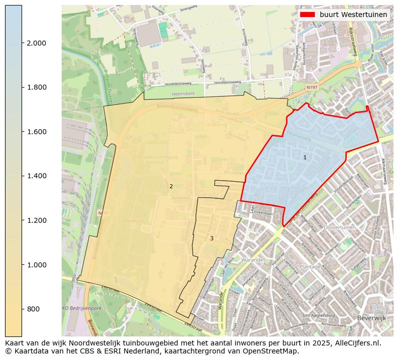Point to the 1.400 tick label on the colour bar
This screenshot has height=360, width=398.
(x=36, y=176)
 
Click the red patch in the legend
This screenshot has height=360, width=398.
(x=307, y=15)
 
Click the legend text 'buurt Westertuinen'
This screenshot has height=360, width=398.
(x=353, y=15)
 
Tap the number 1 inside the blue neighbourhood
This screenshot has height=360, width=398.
(x=305, y=157)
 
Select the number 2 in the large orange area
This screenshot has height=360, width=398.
(x=171, y=186)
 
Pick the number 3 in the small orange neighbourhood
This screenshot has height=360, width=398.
(x=212, y=238)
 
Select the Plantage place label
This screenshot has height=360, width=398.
(x=310, y=267)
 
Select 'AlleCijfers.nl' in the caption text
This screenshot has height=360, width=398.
(x=355, y=343)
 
